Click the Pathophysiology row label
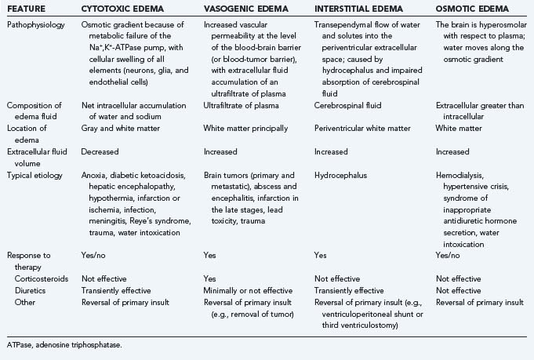coord(36,26)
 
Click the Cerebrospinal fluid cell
coord(348,105)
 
